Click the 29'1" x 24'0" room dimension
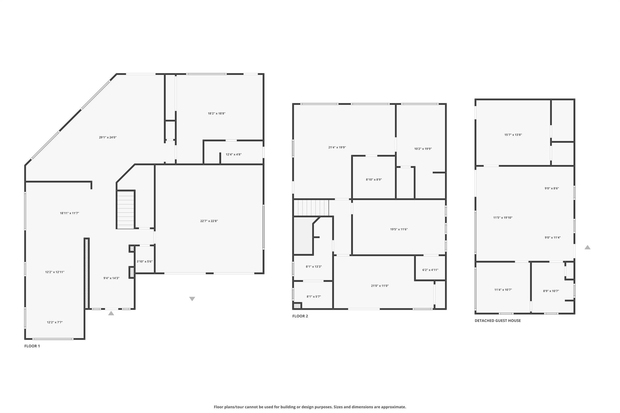(108, 137)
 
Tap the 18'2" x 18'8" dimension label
(216, 113)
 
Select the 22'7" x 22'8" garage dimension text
(209, 221)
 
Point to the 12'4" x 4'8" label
(233, 154)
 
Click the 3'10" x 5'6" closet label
(144, 261)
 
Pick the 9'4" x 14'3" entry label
(111, 278)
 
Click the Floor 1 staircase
(126, 210)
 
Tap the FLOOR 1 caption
(32, 346)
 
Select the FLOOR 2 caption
(300, 316)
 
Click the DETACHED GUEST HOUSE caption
(498, 320)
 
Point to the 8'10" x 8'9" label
(374, 179)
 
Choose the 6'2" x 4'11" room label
(430, 270)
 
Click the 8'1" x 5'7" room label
(314, 297)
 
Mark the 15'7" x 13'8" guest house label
(513, 135)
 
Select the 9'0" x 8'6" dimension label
(552, 188)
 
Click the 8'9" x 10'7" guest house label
(551, 291)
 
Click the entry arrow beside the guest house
(587, 247)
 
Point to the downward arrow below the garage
(192, 299)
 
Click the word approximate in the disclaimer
(393, 407)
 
